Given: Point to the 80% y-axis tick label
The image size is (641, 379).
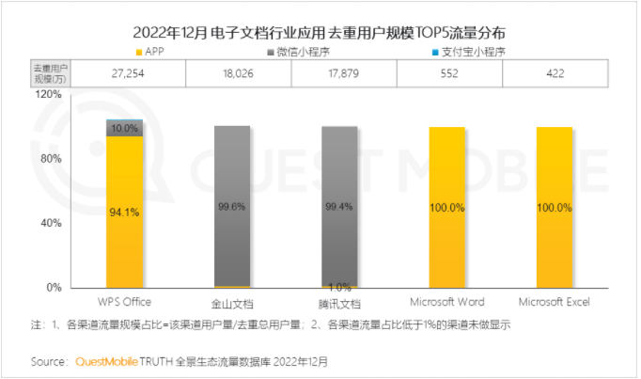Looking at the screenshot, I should tap(51, 159).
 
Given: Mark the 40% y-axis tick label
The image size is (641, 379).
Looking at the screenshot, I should tap(51, 223).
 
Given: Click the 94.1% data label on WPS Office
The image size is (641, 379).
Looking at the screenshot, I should tap(125, 213).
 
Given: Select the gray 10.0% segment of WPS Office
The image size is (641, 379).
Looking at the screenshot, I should tap(125, 129).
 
